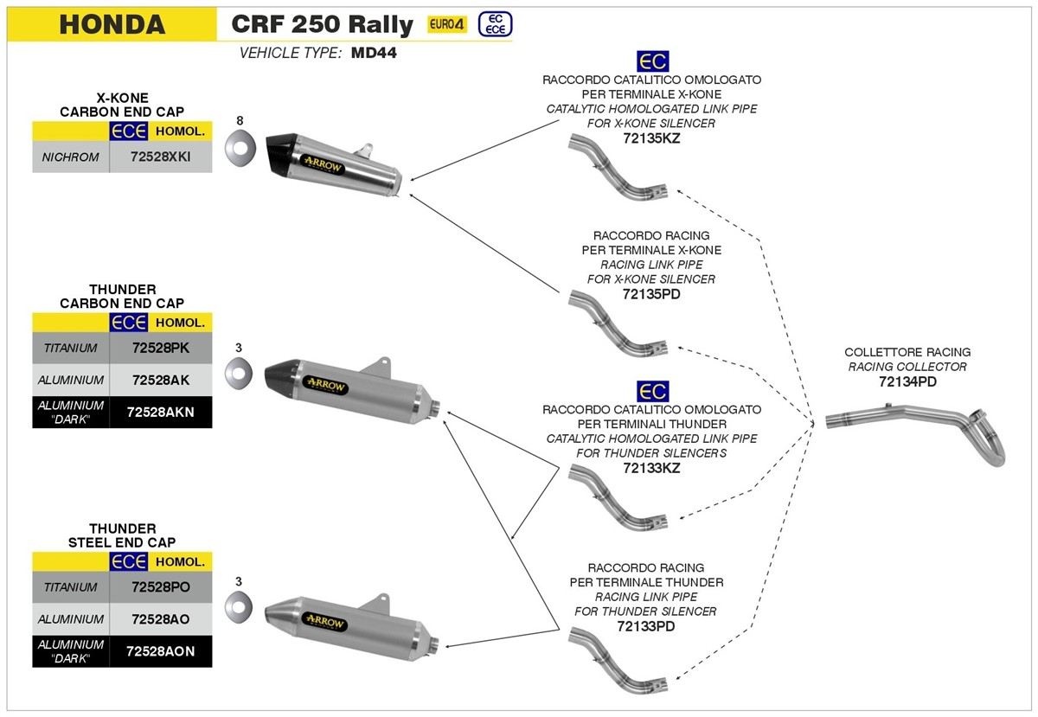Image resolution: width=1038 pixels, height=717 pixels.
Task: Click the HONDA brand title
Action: click(x=112, y=24)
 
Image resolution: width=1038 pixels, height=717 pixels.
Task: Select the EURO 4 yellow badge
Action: click(x=447, y=24)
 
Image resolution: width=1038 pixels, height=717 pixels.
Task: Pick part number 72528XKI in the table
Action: click(x=160, y=157)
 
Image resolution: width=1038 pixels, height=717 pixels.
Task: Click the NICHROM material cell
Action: click(x=71, y=157)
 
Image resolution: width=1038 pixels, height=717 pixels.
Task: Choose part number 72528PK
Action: click(x=160, y=349)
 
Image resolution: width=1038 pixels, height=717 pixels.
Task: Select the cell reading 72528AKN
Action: click(x=160, y=412)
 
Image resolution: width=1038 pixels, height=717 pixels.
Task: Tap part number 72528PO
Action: click(x=160, y=586)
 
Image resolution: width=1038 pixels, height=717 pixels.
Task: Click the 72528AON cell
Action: click(x=160, y=650)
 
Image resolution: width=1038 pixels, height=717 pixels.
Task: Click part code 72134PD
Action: click(x=907, y=381)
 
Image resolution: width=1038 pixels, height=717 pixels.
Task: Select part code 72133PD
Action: click(x=646, y=626)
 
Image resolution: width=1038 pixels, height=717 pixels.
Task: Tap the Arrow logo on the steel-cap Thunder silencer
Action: click(x=325, y=623)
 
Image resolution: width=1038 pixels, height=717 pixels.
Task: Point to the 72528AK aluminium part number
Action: click(x=160, y=381)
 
